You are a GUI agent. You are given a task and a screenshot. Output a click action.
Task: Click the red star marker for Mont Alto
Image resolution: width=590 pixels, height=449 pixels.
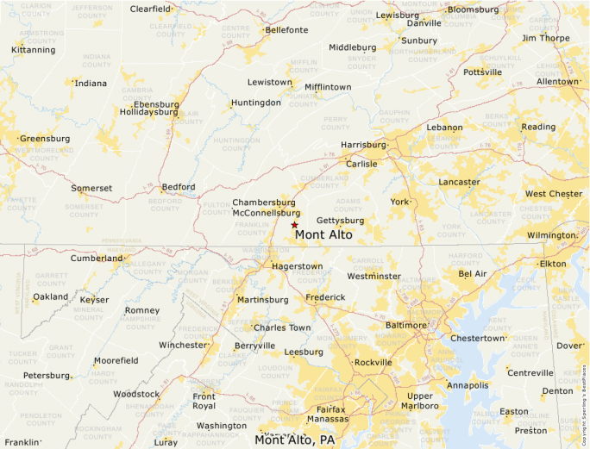pyautogui.click(x=294, y=224)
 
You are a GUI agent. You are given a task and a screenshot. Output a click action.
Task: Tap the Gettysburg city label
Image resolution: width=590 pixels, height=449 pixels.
pyautogui.click(x=340, y=221)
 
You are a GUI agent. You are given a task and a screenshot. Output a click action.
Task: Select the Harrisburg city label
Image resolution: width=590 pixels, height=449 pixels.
pyautogui.click(x=363, y=145)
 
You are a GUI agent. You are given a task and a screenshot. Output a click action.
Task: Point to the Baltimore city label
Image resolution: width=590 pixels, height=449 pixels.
pyautogui.click(x=405, y=325)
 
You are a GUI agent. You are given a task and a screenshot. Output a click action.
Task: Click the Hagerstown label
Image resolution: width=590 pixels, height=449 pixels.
pyautogui.click(x=297, y=266)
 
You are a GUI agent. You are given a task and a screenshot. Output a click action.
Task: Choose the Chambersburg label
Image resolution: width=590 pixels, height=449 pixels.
pyautogui.click(x=264, y=203)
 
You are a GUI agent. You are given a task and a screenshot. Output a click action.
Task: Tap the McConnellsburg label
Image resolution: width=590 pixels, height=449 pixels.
pyautogui.click(x=267, y=213)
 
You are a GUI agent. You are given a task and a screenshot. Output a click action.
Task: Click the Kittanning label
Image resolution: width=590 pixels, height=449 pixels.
pyautogui.click(x=33, y=50)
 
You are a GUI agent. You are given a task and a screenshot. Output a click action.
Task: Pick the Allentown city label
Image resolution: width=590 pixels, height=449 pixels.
pyautogui.click(x=557, y=82)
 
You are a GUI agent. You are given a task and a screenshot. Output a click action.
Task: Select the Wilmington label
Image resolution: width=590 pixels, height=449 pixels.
pyautogui.click(x=551, y=235)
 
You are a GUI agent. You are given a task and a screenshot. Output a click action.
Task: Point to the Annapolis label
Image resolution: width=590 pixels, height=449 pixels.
pyautogui.click(x=468, y=385)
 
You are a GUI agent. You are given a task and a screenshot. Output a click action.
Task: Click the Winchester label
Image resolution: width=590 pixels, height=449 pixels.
pyautogui.click(x=183, y=345)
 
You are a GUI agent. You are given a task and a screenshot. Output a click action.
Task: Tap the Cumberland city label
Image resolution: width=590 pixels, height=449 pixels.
pyautogui.click(x=97, y=258)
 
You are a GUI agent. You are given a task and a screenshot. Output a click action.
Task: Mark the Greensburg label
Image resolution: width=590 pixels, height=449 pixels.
pyautogui.click(x=45, y=138)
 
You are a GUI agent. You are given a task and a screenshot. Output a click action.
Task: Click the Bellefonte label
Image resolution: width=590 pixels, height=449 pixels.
pyautogui.click(x=286, y=29)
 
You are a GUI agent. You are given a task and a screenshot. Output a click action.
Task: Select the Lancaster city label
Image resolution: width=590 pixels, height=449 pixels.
pyautogui.click(x=459, y=182)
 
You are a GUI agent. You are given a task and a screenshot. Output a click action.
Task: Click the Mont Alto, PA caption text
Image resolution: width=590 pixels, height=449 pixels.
pyautogui.click(x=294, y=440)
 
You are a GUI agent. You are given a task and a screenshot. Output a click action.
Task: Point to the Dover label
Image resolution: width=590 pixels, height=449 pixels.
pyautogui.click(x=569, y=346)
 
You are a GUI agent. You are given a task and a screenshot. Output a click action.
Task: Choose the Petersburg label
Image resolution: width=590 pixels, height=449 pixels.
pyautogui.click(x=46, y=376)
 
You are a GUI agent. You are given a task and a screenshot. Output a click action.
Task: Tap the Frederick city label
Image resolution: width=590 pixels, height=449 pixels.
pyautogui.click(x=325, y=297)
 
